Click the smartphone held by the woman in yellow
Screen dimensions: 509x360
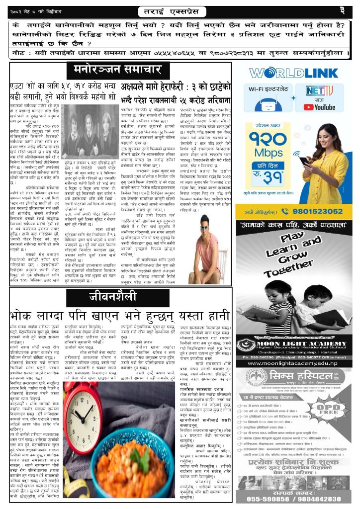pos(304,162)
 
